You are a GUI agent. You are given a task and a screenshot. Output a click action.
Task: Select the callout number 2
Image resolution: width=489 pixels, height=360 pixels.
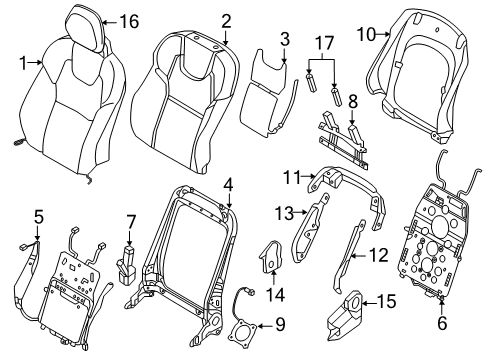[226, 20]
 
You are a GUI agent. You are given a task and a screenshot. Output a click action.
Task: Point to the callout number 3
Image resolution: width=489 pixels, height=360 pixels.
[285, 41]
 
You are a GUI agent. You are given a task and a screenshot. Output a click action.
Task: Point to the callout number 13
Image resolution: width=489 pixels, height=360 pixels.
[283, 212]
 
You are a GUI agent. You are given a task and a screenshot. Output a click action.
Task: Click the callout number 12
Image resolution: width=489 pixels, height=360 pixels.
[377, 255]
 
